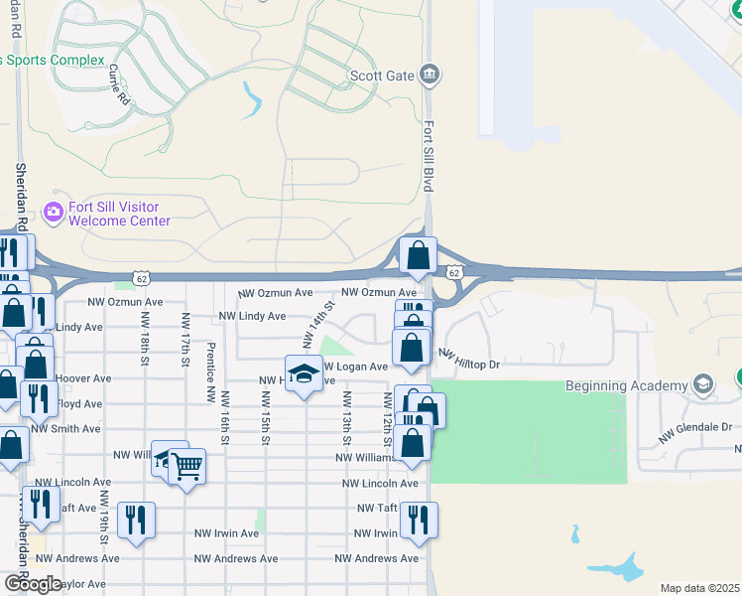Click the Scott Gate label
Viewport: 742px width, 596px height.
click(382, 75)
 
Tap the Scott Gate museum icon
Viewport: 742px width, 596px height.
click(430, 74)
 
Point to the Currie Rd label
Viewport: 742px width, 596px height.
click(120, 84)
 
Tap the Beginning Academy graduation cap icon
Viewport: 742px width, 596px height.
click(703, 384)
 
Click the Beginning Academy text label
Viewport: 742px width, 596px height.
click(626, 385)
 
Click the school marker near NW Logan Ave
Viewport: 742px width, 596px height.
click(305, 374)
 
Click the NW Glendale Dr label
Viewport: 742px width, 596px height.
click(696, 427)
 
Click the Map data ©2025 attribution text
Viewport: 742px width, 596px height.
click(700, 588)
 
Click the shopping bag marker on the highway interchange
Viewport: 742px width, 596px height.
click(418, 256)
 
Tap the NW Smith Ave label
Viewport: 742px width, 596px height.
click(65, 429)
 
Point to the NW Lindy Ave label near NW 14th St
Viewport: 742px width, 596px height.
click(252, 317)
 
